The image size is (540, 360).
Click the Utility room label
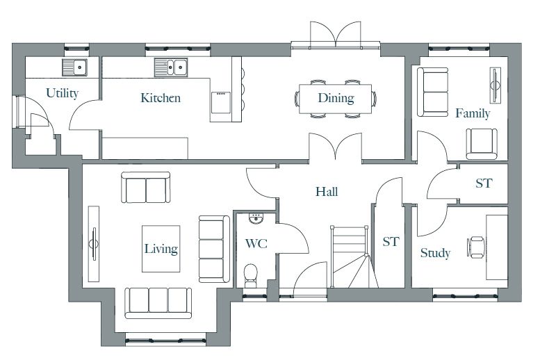[63, 93]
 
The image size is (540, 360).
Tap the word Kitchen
[161, 98]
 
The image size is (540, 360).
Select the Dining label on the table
[336, 98]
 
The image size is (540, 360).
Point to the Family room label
[473, 113]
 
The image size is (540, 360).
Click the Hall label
[327, 192]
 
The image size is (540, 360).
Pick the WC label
[256, 244]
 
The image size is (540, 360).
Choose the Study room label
[435, 253]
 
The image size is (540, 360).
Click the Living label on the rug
[161, 249]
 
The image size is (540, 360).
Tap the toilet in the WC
[250, 276]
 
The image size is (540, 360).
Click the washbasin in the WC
[256, 218]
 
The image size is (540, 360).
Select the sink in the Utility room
[74, 67]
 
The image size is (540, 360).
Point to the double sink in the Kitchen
[171, 67]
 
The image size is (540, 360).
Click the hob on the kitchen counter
[221, 102]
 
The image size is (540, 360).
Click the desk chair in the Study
[476, 247]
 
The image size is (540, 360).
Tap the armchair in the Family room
[482, 144]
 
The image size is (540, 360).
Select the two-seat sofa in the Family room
[432, 92]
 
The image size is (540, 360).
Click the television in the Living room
[94, 243]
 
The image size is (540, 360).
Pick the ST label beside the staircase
[391, 242]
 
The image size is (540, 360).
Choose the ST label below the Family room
[484, 183]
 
